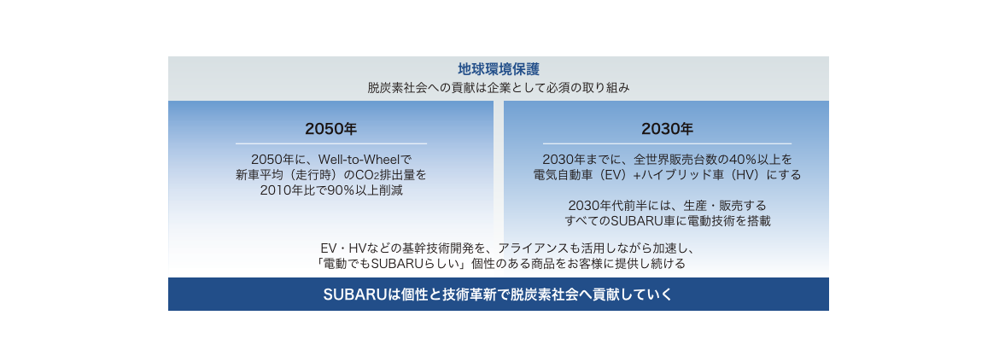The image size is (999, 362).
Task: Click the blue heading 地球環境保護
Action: (x=499, y=69)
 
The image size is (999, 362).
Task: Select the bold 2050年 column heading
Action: (x=331, y=129)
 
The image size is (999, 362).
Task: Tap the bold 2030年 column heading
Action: (x=667, y=129)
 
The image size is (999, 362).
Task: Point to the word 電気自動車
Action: (x=564, y=175)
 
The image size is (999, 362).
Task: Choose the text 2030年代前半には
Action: (x=613, y=207)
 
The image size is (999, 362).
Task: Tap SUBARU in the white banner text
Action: (x=351, y=295)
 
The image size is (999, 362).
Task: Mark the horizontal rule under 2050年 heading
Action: (x=331, y=144)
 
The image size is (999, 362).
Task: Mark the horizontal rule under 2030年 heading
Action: (x=667, y=144)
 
